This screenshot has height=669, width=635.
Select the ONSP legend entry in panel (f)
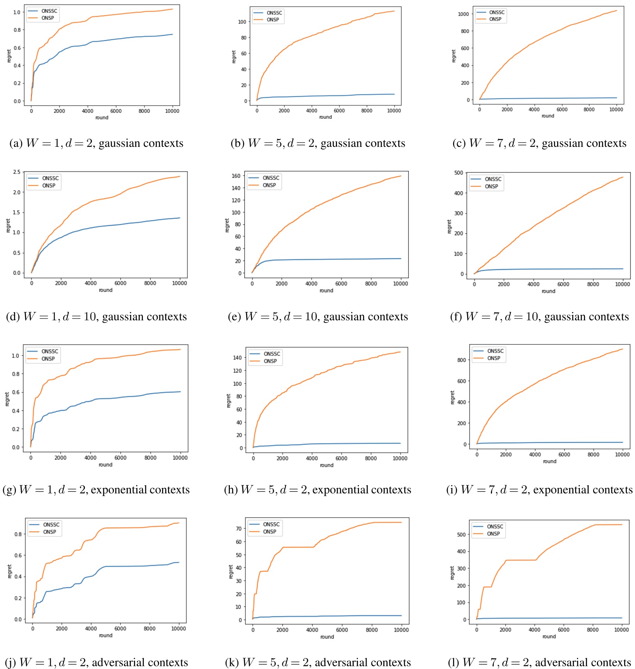(491, 187)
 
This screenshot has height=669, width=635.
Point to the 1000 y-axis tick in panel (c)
(463, 14)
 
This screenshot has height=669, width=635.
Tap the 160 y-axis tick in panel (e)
(236, 176)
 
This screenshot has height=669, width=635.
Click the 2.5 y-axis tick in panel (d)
(17, 172)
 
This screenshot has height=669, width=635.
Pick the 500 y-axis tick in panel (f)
(459, 173)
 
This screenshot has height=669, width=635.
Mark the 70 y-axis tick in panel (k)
(239, 529)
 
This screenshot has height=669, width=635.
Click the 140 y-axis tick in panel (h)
(237, 357)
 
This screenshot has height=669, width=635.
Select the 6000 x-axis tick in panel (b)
(339, 111)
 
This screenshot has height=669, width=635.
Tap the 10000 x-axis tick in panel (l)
(621, 630)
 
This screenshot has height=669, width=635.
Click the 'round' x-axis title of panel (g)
(105, 465)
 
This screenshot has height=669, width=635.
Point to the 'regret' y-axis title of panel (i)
(452, 398)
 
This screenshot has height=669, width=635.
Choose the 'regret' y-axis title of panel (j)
(9, 571)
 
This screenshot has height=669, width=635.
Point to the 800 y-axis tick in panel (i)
(462, 360)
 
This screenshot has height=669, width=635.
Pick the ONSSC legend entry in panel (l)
(495, 526)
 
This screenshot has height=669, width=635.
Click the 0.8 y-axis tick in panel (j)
(18, 534)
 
